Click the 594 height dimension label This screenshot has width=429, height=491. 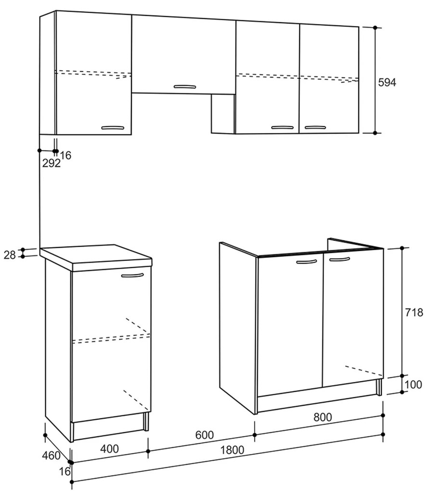click(x=387, y=82)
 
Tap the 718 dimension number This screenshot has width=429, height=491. click(x=414, y=312)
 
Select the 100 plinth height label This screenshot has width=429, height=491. click(x=414, y=384)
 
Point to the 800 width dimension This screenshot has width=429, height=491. click(x=322, y=418)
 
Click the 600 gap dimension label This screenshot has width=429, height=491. click(x=204, y=435)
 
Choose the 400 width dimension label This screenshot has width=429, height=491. click(x=110, y=449)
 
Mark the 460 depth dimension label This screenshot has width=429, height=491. click(x=51, y=455)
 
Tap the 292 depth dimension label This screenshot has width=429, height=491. click(x=52, y=163)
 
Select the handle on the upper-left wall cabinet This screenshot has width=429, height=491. click(x=113, y=128)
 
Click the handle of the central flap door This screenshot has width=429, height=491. click(x=184, y=87)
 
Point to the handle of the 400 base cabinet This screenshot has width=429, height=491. click(x=132, y=276)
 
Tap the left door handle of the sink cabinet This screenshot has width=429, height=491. click(x=306, y=262)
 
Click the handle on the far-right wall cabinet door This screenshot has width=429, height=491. click(x=316, y=128)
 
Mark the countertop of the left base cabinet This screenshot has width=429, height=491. click(x=96, y=255)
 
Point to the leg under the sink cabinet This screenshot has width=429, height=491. click(x=379, y=386)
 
